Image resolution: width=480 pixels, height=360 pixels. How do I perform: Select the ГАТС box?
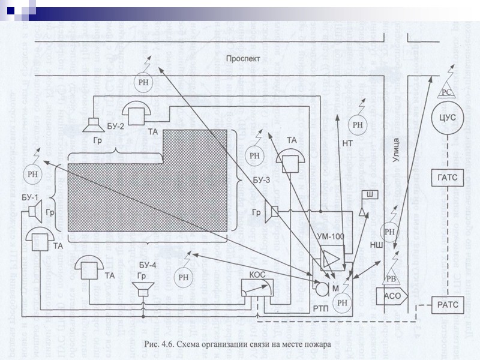(x=444, y=178)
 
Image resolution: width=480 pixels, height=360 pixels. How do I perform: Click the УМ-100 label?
(x=330, y=236)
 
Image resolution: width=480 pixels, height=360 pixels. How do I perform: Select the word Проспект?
(x=243, y=59)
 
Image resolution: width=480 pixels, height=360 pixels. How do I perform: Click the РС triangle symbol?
(x=445, y=92)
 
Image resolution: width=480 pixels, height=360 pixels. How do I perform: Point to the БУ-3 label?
(x=262, y=179)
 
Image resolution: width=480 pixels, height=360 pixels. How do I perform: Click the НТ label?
(x=347, y=143)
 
